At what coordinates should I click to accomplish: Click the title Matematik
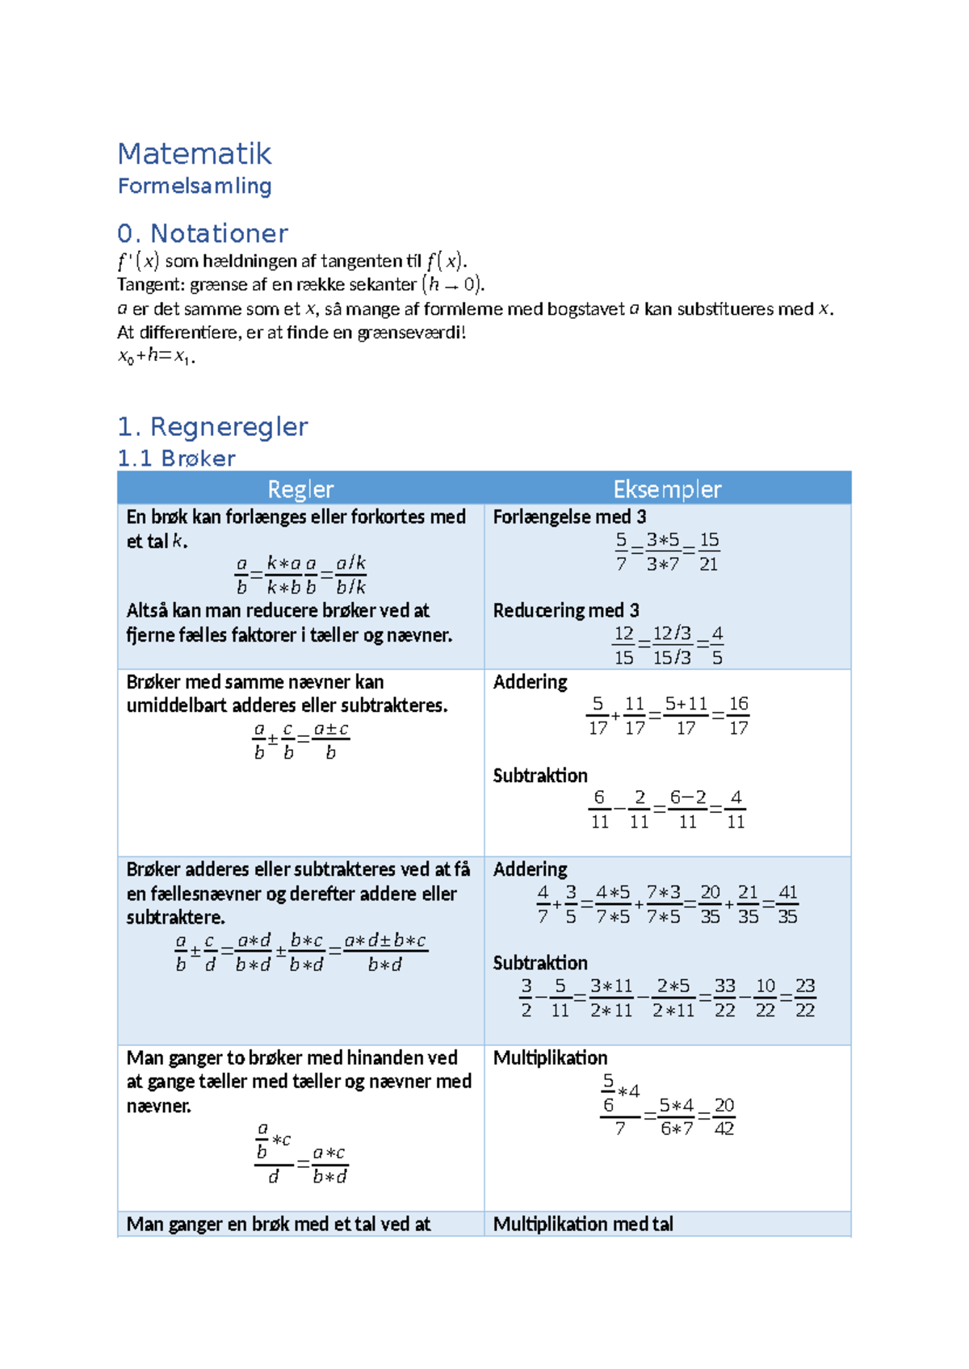[x=194, y=153]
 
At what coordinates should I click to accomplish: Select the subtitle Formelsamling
[x=194, y=186]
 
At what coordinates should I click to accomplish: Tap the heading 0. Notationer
[x=202, y=233]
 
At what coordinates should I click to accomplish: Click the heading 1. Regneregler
[x=212, y=426]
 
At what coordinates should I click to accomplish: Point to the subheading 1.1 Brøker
[x=176, y=458]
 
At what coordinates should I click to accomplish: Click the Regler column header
[x=300, y=489]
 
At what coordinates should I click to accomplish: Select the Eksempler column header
[x=667, y=489]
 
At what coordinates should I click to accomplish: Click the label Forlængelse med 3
[x=569, y=517]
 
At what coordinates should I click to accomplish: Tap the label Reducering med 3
[x=565, y=610]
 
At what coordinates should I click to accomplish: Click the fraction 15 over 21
[x=709, y=552]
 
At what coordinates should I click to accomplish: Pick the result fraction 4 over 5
[x=717, y=646]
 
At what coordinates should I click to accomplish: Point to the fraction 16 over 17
[x=738, y=716]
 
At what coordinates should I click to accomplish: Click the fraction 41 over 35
[x=787, y=904]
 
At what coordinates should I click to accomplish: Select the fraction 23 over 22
[x=804, y=998]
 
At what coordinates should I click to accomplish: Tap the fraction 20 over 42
[x=724, y=1116]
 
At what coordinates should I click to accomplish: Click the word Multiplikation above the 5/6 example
[x=550, y=1057]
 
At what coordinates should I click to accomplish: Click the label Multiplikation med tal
[x=582, y=1224]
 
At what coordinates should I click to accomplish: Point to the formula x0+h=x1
[x=156, y=356]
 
